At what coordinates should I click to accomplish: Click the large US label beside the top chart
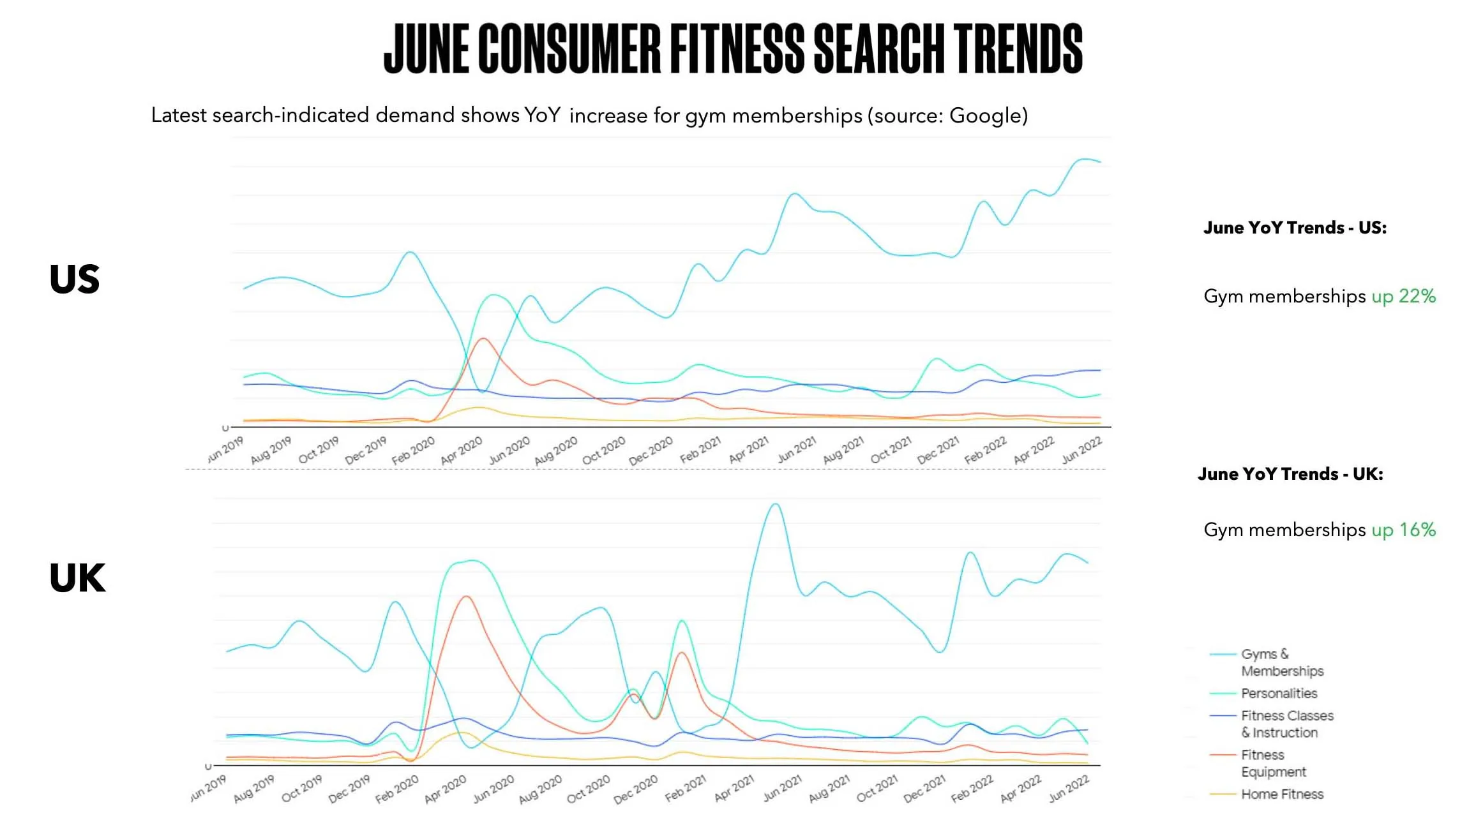(x=74, y=279)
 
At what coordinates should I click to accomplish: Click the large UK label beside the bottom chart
(x=77, y=578)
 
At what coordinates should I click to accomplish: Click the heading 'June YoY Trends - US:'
(x=1295, y=228)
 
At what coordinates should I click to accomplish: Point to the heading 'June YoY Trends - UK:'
(x=1290, y=474)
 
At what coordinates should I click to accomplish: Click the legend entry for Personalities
(x=1279, y=693)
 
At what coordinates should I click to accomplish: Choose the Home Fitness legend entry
(x=1282, y=794)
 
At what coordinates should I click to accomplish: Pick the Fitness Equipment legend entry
(x=1273, y=763)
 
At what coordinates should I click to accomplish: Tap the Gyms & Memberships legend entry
(x=1281, y=662)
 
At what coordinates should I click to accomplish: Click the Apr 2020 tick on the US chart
(x=462, y=451)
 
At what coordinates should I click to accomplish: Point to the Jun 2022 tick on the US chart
(x=1081, y=451)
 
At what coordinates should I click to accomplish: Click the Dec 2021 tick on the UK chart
(x=924, y=789)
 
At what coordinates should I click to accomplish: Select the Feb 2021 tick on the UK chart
(x=686, y=789)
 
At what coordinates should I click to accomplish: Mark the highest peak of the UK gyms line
(x=775, y=504)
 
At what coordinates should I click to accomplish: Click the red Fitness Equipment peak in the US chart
(x=483, y=338)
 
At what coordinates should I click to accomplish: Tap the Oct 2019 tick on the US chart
(x=319, y=451)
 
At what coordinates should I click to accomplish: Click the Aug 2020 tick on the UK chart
(x=540, y=789)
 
